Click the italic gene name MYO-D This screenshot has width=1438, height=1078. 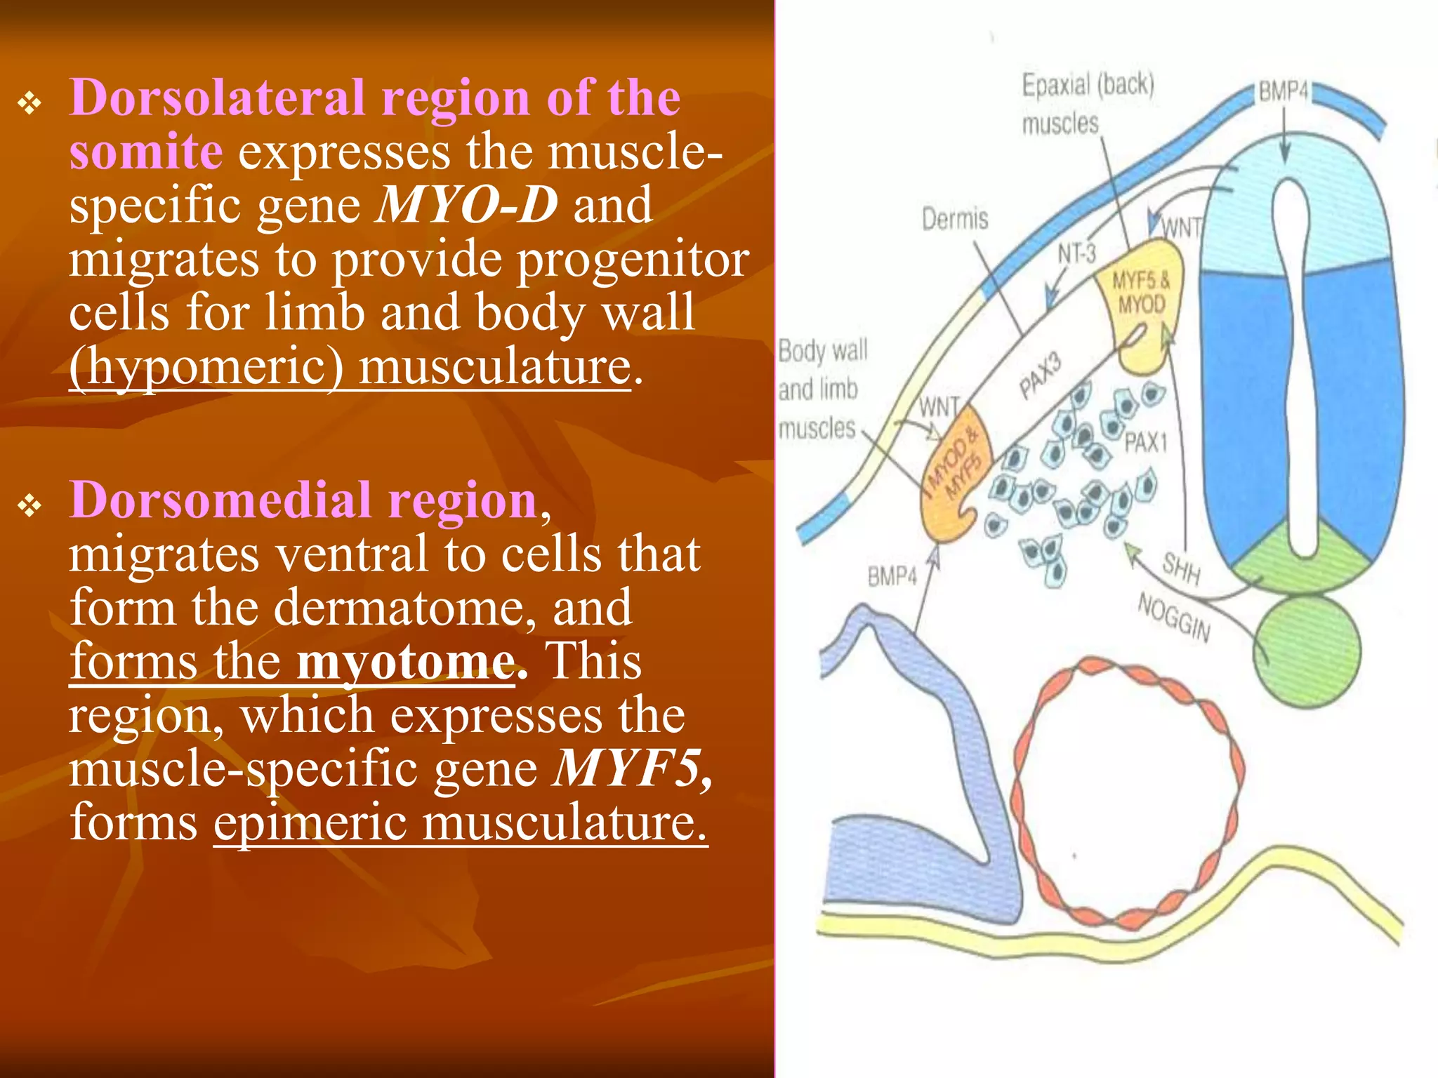point(467,205)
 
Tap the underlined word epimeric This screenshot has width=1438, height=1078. point(310,823)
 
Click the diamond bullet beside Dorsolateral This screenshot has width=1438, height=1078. point(30,104)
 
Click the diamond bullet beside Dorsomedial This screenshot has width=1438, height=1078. point(30,505)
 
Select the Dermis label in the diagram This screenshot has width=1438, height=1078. point(954,220)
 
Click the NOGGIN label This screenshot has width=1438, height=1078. point(1174,618)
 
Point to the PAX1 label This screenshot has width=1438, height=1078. point(1146,443)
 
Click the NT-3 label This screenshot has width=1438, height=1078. point(1077,253)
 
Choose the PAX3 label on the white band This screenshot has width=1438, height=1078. point(1041,376)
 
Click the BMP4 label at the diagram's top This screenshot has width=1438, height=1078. point(1283,92)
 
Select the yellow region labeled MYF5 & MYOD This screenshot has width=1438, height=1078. point(1142,302)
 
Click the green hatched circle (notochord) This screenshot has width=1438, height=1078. point(1306,651)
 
